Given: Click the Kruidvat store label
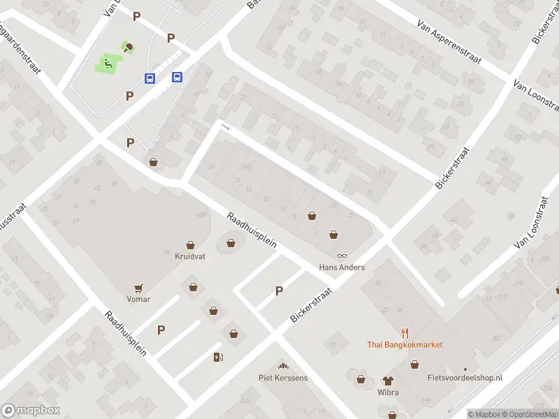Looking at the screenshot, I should click(189, 256).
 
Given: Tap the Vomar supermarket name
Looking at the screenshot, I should click(138, 299).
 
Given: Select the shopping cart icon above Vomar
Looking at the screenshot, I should click(138, 287).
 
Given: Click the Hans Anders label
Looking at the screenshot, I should click(342, 267).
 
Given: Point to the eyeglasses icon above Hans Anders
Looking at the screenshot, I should click(342, 256).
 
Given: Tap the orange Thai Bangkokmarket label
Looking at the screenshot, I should click(405, 344).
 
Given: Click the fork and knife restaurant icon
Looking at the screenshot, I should click(405, 332).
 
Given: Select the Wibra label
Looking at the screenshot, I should click(388, 392).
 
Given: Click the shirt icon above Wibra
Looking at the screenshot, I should click(388, 381).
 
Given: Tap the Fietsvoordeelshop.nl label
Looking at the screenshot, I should click(465, 378).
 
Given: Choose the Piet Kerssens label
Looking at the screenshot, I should click(283, 378).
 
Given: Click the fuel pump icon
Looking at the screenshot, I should click(218, 358).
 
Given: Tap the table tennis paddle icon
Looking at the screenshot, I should click(129, 48).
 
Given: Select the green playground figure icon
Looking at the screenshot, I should click(108, 65).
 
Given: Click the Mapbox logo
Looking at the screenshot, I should click(31, 411).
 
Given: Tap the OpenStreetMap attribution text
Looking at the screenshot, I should click(530, 414).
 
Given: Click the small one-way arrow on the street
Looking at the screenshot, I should click(225, 126).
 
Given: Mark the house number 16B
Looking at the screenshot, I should click(245, 166).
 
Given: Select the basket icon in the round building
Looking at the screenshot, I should click(231, 243).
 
